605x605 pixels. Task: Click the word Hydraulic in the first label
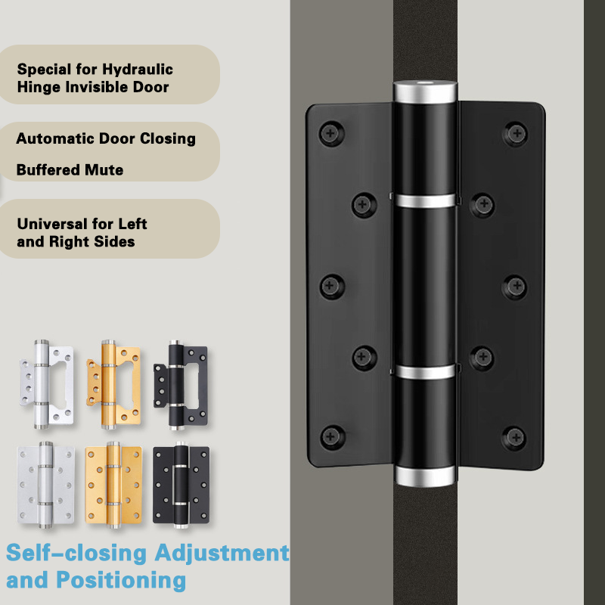138,70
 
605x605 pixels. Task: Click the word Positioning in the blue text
121,581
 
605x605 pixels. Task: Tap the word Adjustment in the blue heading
222,554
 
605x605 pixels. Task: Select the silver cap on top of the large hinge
425,92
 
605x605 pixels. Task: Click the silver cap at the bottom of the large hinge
425,476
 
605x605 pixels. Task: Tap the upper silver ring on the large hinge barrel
425,201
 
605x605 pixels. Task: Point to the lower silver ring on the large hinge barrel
425,372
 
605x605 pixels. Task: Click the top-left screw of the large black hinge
331,134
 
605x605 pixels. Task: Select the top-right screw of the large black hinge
516,134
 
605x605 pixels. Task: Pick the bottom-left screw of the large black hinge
332,437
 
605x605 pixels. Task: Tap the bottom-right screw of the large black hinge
515,438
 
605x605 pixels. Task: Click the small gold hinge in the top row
113,384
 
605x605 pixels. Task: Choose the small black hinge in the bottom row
181,485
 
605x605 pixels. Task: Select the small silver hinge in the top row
47,384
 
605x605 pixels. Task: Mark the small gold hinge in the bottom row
113,485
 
